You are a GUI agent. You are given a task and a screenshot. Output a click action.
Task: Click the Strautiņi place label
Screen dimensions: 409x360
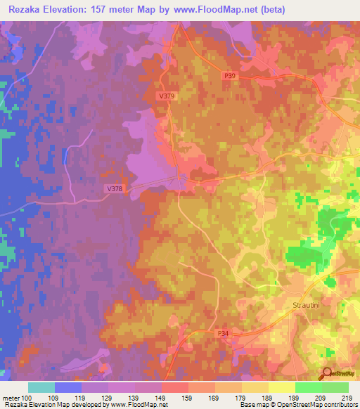tap(305, 306)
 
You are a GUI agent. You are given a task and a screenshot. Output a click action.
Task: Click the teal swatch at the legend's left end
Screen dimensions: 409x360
tap(41, 388)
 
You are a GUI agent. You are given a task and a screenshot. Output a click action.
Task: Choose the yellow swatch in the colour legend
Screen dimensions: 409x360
tap(282, 388)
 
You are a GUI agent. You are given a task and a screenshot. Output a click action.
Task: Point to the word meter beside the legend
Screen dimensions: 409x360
tap(12, 398)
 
